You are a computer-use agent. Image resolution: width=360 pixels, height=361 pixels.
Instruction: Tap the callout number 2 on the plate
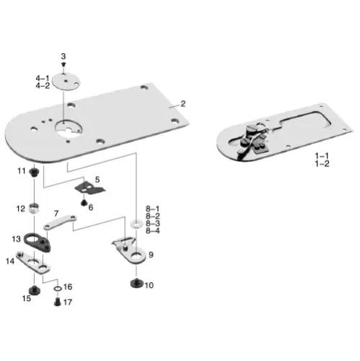tap(183, 103)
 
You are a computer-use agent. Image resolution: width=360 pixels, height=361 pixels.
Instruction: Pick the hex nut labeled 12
tap(33, 210)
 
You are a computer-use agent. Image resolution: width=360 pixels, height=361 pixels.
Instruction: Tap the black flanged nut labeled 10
tap(134, 283)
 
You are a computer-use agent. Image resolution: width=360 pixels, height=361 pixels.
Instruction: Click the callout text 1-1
tap(322, 156)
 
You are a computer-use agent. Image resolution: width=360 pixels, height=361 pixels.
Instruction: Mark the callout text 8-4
tap(153, 231)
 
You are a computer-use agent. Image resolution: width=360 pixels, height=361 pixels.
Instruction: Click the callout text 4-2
tap(43, 86)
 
